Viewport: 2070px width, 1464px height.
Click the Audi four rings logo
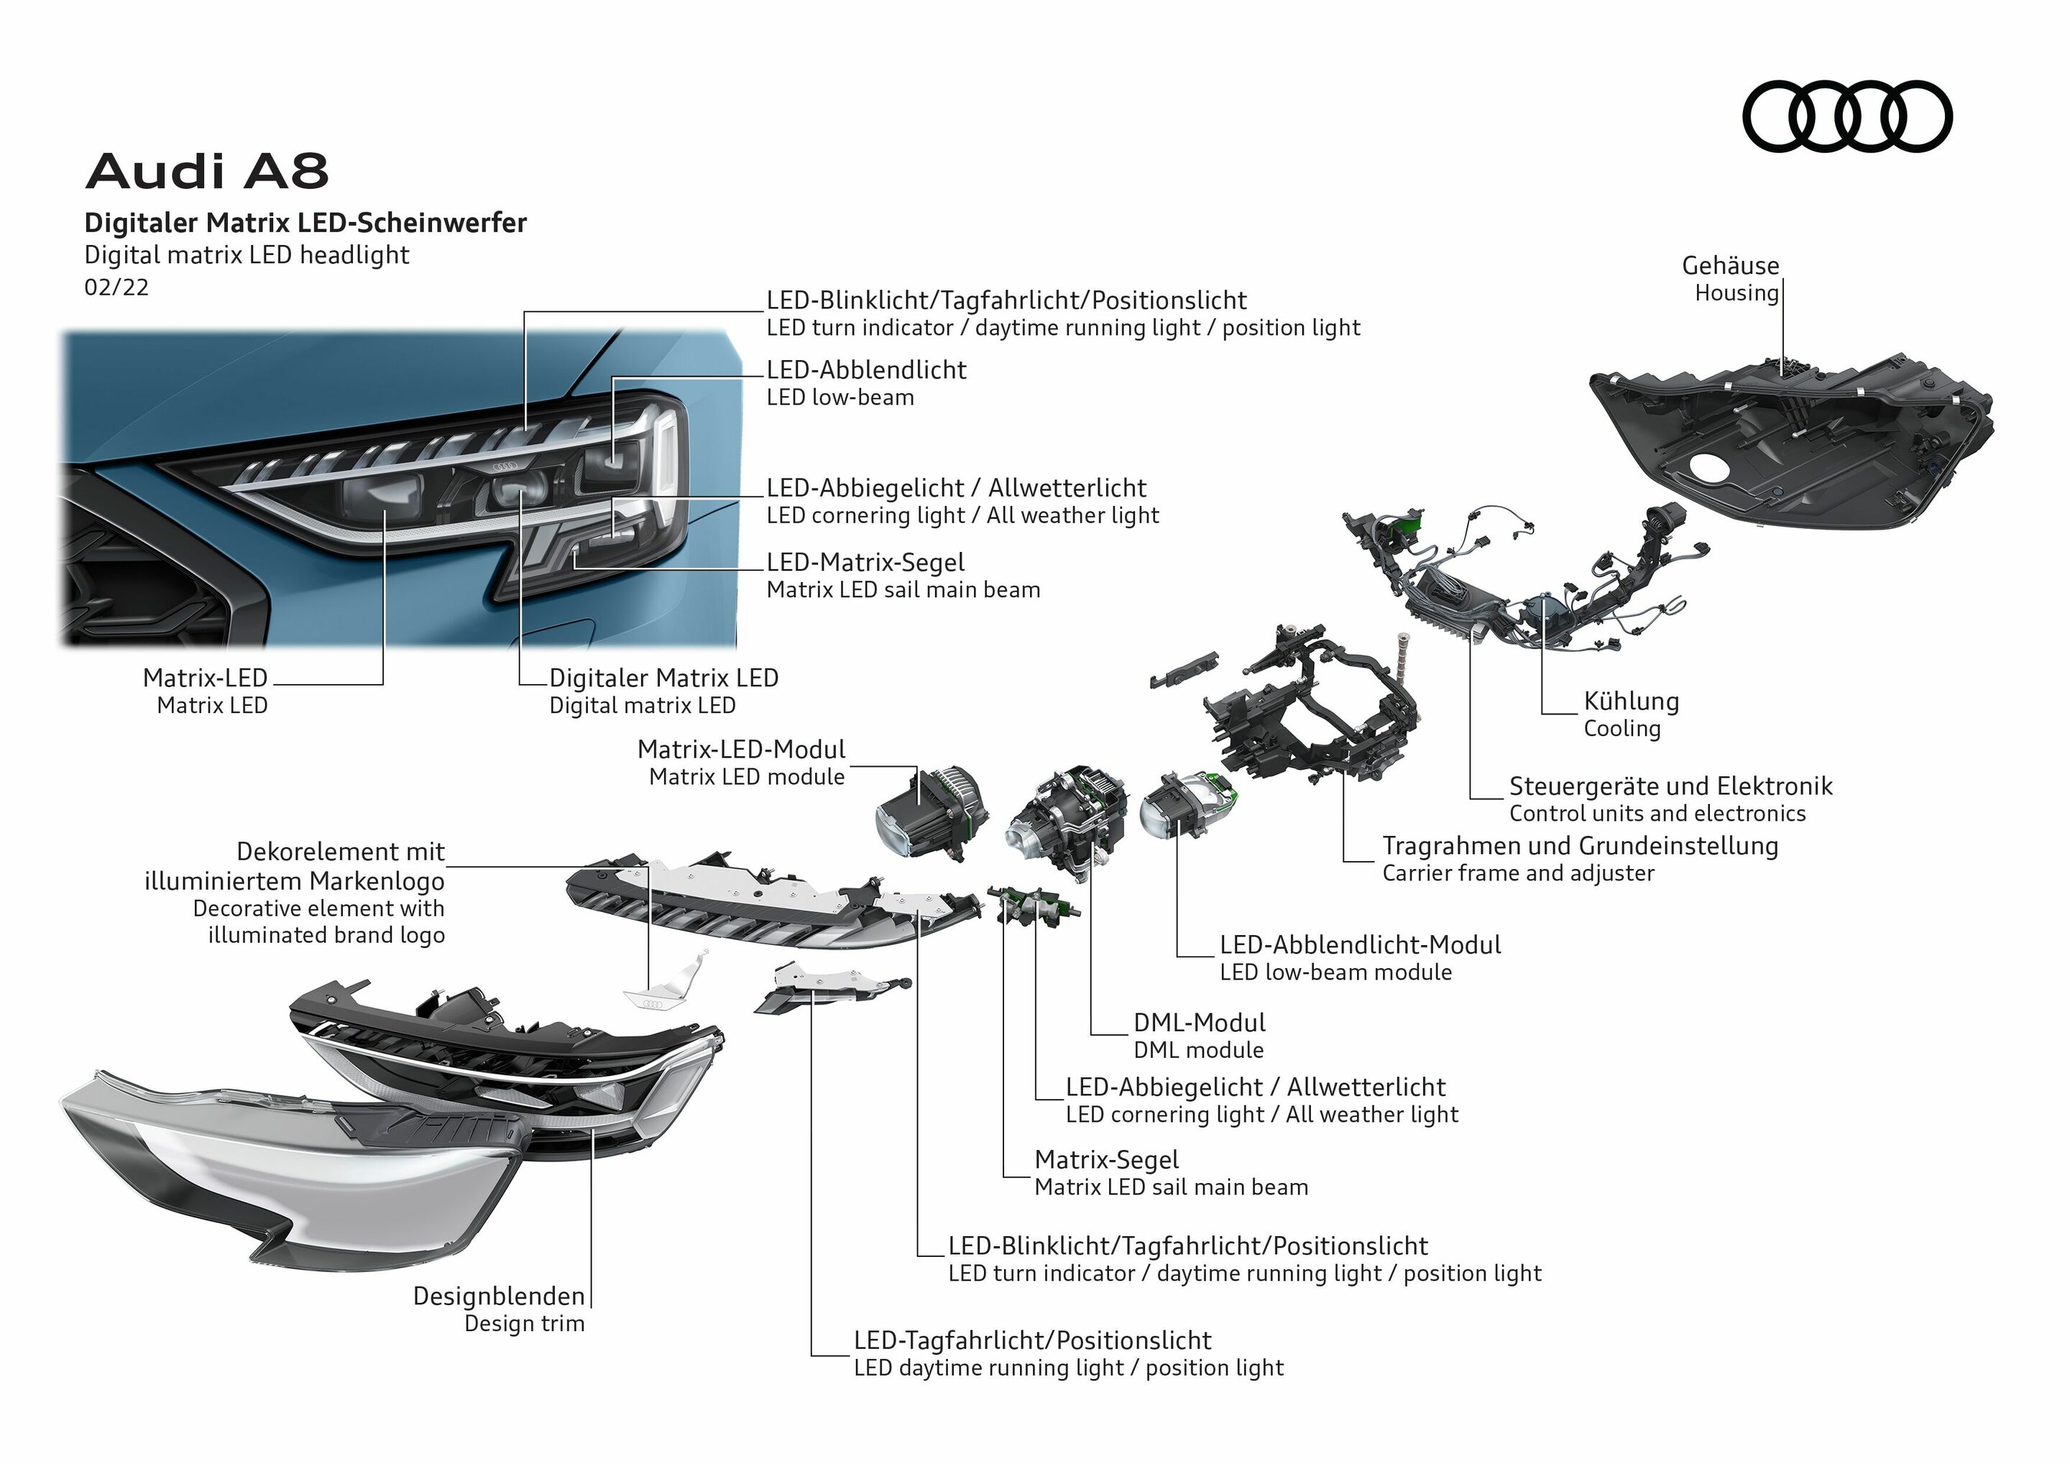1846,116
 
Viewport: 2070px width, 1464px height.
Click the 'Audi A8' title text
208,170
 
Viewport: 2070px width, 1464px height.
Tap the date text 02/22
116,287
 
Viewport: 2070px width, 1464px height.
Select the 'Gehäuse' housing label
1729,266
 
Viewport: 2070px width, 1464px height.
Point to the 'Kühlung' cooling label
1630,701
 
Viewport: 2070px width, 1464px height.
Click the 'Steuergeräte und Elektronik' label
1670,786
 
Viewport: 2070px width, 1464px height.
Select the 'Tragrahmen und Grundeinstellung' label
1580,846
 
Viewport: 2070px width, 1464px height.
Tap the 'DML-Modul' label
1198,1022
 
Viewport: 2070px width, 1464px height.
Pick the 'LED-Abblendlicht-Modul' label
1360,945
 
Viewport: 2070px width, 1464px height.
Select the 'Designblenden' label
499,1297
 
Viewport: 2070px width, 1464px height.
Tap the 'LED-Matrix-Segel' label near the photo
865,563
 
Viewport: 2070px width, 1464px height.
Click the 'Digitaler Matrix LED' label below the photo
663,678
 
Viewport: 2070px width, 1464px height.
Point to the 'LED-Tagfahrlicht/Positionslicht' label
1031,1340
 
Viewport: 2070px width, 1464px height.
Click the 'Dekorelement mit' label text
340,852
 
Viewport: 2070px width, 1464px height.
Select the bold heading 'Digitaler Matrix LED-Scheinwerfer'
305,223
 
